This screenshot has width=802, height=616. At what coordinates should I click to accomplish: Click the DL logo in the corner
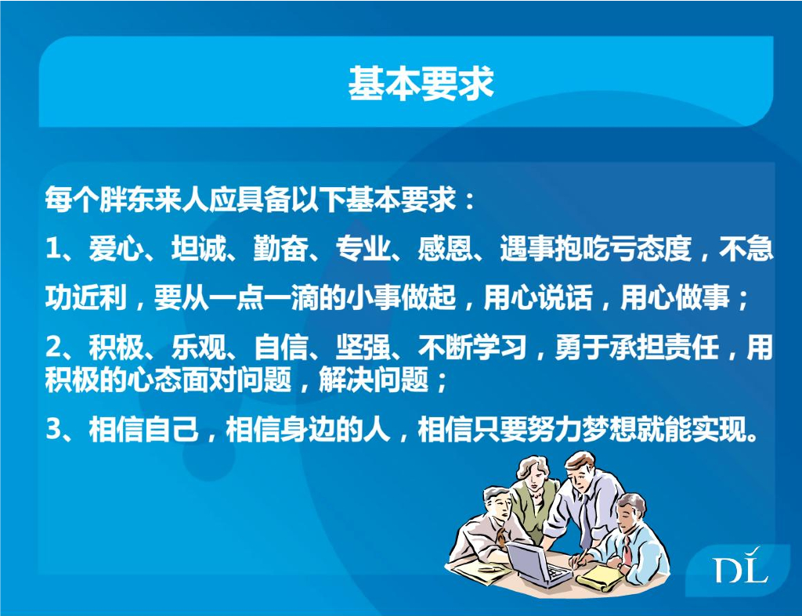click(740, 569)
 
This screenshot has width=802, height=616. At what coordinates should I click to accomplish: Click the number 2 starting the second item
click(53, 348)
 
